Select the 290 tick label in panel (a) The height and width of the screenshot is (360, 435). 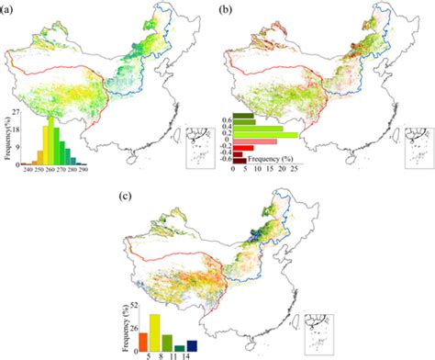tap(84, 170)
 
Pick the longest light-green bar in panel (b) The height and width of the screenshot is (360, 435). tap(265, 135)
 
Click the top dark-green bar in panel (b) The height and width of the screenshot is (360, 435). tap(243, 116)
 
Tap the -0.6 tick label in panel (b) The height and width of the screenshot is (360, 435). tap(226, 160)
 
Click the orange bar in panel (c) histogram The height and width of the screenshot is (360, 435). tap(143, 341)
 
